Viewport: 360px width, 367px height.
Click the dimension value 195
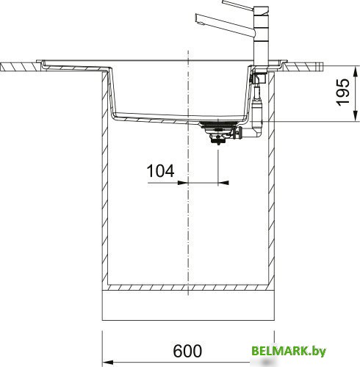343,92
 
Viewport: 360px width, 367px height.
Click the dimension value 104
160,171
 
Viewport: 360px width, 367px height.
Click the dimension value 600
187,351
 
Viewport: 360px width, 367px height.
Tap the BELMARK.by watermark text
289,352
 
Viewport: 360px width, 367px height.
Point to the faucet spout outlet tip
196,18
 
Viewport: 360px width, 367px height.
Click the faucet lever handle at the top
238,5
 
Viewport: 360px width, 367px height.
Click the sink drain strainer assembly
217,132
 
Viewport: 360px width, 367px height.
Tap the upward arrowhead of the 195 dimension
355,72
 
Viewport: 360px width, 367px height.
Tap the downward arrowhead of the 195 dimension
355,115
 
